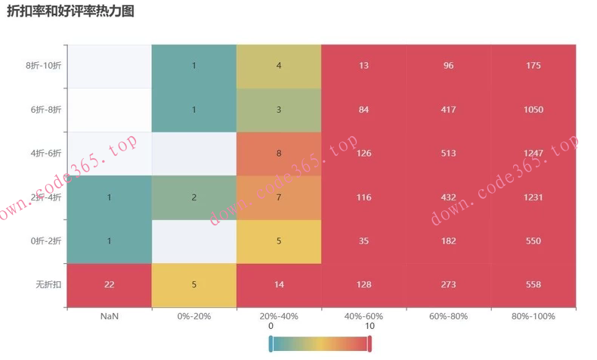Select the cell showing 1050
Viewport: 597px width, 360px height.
[534, 110]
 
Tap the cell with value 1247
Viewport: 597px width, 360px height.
[534, 154]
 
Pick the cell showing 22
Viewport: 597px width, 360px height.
[110, 285]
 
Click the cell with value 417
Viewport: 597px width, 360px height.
[449, 110]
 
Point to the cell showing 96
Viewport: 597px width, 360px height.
[449, 66]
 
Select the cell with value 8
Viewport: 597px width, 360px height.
[279, 154]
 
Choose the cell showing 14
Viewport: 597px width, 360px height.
[279, 285]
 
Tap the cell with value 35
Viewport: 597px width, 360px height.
[363, 241]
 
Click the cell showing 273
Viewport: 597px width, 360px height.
[449, 285]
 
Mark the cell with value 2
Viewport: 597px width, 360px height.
[194, 197]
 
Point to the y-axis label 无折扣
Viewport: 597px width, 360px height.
[50, 285]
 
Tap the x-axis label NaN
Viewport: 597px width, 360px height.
[110, 316]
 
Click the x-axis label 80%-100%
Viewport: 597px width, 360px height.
[534, 316]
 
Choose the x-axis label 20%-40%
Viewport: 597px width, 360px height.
[279, 316]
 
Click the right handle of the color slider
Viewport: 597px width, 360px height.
[370, 344]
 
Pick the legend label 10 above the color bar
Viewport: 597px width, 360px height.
[370, 326]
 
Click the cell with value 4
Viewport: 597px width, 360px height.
[279, 66]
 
